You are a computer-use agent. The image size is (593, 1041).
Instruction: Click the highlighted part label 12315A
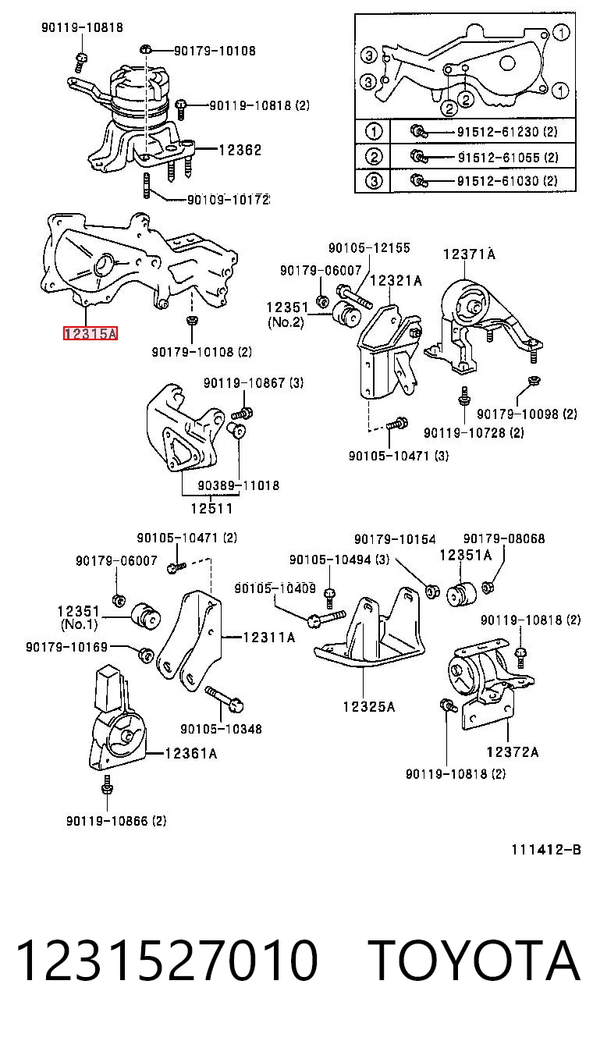(91, 333)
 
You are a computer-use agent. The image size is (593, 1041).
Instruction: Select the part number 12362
(240, 150)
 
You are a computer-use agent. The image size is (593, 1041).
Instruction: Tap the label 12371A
(469, 254)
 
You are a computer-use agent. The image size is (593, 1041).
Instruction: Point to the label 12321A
(396, 280)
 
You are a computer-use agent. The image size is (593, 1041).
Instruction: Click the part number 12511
(212, 509)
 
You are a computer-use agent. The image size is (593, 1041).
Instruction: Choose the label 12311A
(269, 637)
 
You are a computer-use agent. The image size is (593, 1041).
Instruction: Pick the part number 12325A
(369, 707)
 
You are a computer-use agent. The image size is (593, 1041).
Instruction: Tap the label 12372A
(513, 752)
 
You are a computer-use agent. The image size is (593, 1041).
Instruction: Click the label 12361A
(191, 753)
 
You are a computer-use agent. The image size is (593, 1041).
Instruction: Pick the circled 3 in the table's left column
(374, 180)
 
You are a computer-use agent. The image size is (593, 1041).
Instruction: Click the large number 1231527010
(167, 961)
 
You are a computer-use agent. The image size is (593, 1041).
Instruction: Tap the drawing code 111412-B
(546, 850)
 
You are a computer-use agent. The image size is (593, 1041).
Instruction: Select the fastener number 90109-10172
(228, 200)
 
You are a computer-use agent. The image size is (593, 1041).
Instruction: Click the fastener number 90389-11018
(239, 485)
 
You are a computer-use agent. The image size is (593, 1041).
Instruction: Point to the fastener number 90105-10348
(222, 729)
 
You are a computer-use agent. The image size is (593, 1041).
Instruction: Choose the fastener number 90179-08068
(504, 538)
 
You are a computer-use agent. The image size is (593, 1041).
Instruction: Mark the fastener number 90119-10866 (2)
(116, 821)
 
